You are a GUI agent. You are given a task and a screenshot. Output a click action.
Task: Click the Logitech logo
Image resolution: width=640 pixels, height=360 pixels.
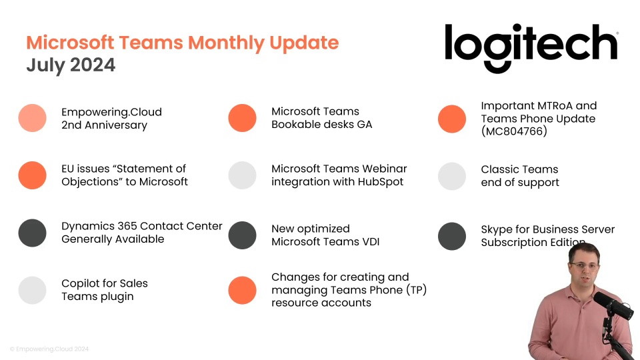(531, 48)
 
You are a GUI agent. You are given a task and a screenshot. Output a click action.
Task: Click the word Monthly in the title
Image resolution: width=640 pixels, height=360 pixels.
(226, 43)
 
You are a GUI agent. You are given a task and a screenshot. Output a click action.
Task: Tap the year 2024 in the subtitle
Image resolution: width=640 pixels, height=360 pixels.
(93, 65)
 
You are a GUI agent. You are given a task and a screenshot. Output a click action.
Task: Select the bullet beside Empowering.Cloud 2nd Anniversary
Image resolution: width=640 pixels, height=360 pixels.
(32, 118)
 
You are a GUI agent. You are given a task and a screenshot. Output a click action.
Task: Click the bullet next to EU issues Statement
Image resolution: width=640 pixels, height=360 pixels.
(32, 175)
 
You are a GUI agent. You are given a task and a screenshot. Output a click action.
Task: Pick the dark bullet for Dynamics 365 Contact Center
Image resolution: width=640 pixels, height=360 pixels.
(32, 233)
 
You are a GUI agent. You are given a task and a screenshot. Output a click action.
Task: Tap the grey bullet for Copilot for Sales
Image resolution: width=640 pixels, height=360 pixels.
(32, 290)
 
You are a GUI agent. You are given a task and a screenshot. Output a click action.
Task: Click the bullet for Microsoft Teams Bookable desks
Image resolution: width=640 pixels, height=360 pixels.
(242, 118)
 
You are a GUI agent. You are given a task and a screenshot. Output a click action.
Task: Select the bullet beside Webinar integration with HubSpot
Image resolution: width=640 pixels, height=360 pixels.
(242, 175)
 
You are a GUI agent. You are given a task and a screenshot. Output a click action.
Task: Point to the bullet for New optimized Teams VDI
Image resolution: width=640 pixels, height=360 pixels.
(242, 235)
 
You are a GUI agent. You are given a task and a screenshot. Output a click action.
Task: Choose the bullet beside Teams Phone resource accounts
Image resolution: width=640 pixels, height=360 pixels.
(242, 290)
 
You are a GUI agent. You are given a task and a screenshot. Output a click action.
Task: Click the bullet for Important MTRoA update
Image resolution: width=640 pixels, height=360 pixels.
(452, 119)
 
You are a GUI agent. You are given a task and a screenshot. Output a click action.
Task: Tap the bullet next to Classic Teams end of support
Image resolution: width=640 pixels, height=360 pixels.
(452, 176)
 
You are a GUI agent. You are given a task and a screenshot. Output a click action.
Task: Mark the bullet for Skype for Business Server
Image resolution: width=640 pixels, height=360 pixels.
(452, 236)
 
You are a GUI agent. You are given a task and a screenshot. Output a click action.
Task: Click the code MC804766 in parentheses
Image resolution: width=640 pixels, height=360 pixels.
(514, 131)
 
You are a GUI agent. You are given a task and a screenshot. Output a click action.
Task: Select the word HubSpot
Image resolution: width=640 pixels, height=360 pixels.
(381, 181)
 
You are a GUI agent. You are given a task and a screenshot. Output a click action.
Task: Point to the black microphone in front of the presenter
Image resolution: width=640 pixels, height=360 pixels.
(613, 305)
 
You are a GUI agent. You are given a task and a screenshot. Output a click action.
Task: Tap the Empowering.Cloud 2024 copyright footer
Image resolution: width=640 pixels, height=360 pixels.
(49, 349)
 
